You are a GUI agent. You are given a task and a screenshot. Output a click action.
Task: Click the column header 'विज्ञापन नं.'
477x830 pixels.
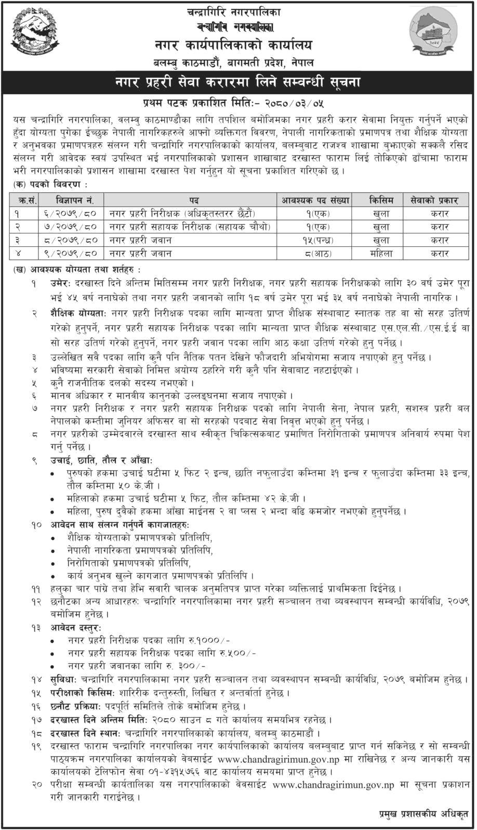tap(71, 200)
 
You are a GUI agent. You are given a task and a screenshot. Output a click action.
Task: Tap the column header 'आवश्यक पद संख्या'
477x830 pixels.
tap(315, 200)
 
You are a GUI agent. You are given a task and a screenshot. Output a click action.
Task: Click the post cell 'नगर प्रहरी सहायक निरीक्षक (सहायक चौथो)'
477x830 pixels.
tap(191, 227)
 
